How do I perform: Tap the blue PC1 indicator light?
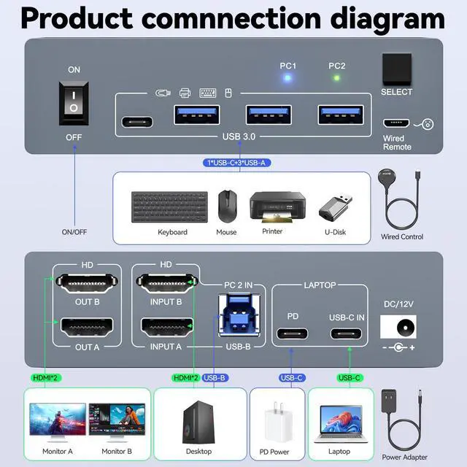[288, 78]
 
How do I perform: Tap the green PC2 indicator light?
[336, 78]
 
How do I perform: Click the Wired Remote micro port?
[395, 124]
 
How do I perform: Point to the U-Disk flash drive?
[336, 208]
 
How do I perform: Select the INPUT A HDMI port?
[166, 326]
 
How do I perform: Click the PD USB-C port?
[292, 334]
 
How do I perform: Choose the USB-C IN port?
[347, 334]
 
